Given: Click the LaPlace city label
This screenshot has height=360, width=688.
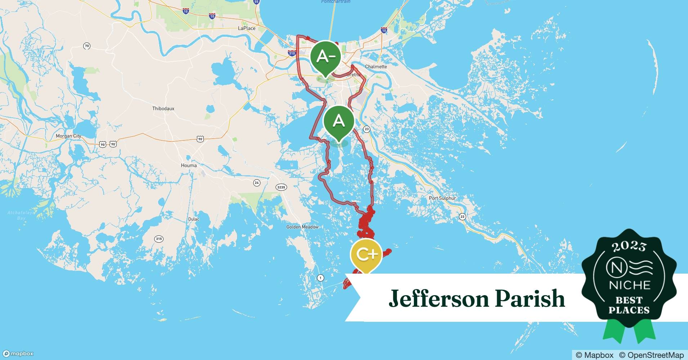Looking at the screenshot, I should [x=247, y=28].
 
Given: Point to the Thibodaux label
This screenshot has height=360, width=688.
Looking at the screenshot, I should [x=163, y=108].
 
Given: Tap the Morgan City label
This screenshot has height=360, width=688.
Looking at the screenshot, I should [x=68, y=136].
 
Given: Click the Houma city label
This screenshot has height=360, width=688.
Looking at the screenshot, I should [x=189, y=166].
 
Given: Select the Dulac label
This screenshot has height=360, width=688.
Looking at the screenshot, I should [x=193, y=219].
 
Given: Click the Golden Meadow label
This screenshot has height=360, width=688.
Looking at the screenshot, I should [x=302, y=227].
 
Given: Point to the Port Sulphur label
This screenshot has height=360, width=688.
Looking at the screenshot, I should [x=442, y=198].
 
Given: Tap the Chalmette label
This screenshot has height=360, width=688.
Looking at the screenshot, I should [x=376, y=67].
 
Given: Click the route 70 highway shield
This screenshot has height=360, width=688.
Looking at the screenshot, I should [x=86, y=46].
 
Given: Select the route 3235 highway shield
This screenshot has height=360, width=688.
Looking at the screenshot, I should [x=281, y=187].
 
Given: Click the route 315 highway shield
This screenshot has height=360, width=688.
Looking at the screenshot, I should [x=158, y=239].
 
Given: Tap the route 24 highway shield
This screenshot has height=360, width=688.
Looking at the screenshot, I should [x=256, y=183].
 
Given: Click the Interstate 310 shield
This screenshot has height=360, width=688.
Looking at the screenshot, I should [x=292, y=53].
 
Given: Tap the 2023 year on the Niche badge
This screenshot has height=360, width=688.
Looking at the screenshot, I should [x=629, y=247].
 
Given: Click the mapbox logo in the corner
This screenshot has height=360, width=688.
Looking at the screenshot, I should [x=18, y=354].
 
